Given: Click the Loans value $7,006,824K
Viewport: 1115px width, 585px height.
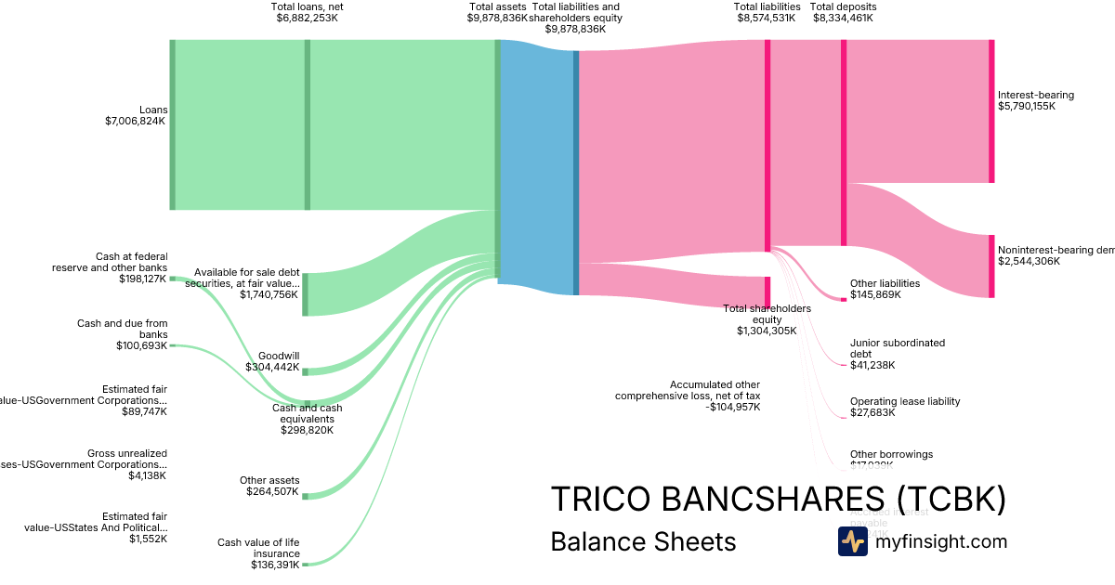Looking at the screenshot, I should tap(136, 121).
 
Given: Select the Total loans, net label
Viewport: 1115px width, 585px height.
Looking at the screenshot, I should tap(307, 6).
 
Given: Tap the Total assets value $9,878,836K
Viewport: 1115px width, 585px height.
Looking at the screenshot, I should tap(497, 18).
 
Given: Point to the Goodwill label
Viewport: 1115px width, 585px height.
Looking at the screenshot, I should tap(279, 356).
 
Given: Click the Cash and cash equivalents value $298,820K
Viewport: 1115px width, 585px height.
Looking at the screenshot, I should tap(307, 430).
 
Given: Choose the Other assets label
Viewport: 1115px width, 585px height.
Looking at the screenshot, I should tap(269, 480).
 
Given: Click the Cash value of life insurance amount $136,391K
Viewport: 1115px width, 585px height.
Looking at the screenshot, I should tap(274, 565).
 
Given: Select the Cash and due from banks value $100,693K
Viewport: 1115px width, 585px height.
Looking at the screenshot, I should tap(136, 345).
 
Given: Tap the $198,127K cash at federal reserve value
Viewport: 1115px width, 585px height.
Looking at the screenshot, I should tap(142, 279).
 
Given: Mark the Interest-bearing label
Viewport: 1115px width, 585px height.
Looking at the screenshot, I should tap(1035, 95).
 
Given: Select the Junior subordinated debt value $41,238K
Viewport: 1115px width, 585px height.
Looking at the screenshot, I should tap(872, 365).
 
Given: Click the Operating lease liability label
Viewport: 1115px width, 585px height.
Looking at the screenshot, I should tap(904, 401).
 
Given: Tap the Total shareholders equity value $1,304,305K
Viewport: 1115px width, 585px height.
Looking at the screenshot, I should tap(767, 331).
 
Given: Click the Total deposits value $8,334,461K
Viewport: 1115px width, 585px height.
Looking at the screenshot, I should tap(843, 18).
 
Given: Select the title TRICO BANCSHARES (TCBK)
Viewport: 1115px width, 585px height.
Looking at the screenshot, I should tap(778, 499).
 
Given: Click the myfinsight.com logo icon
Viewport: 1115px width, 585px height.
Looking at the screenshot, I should tap(852, 541).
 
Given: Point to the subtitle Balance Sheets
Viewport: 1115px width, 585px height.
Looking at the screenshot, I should tap(643, 541).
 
